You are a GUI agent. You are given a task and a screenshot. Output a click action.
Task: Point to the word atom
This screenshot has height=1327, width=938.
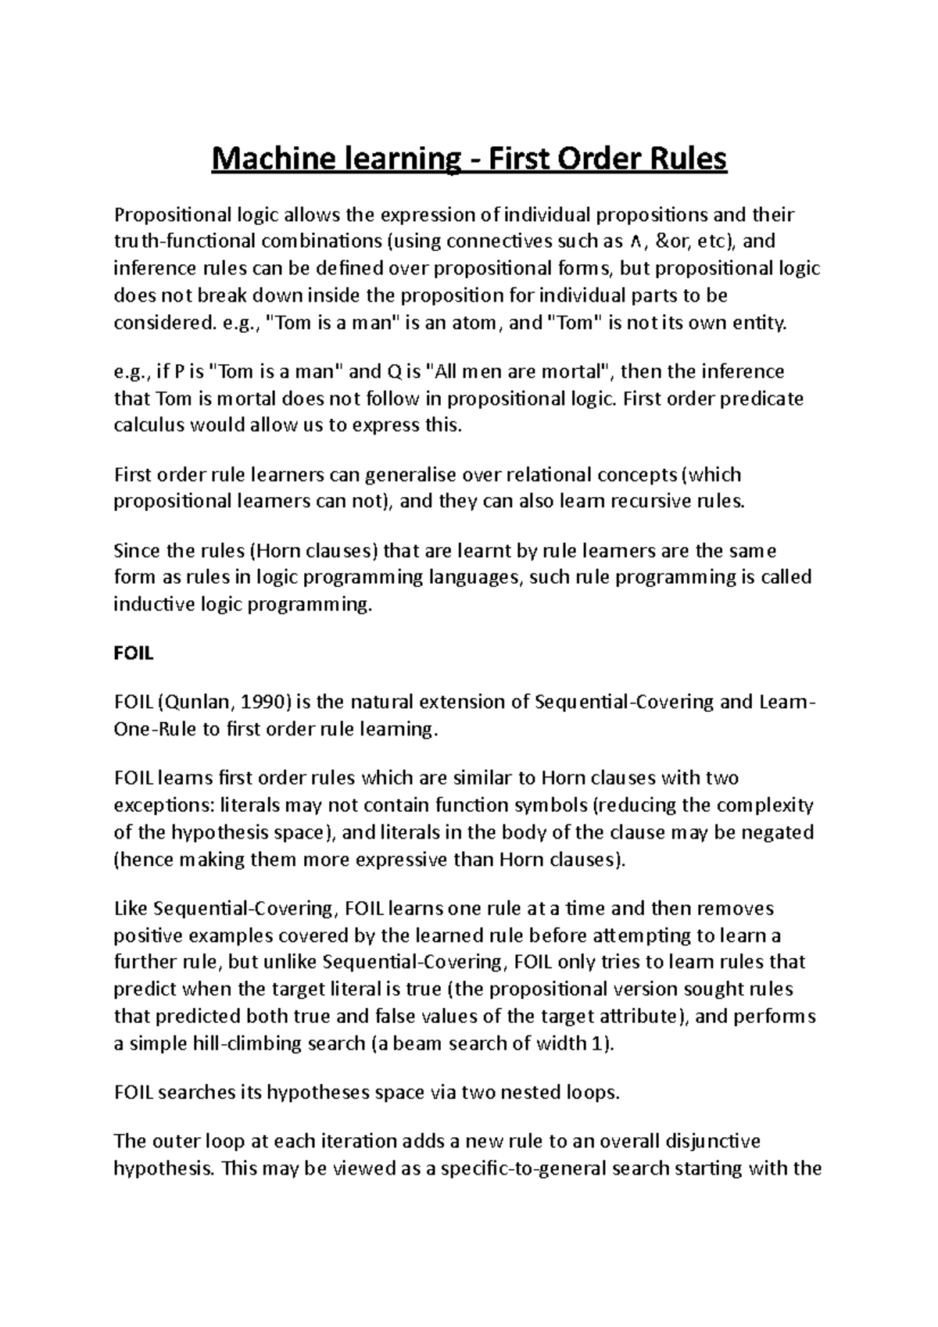tap(471, 323)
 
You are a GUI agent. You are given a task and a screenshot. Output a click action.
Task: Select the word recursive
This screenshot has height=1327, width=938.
tap(635, 502)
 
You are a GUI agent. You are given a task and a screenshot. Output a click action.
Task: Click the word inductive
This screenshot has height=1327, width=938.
tap(149, 604)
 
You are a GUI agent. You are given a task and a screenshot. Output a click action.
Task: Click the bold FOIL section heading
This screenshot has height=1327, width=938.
tap(133, 653)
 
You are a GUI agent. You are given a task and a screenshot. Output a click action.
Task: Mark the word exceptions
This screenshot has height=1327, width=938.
tap(163, 805)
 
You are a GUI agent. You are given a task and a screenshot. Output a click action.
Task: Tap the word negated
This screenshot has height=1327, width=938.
tap(775, 832)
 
